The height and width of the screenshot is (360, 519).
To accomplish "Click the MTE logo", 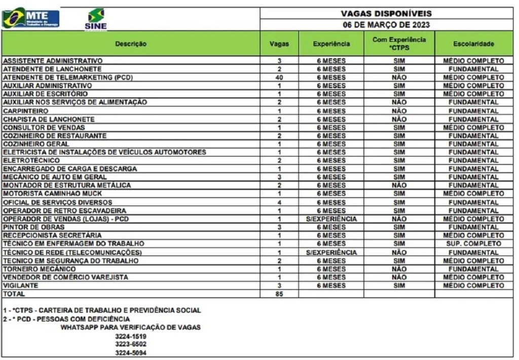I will (x=30, y=18).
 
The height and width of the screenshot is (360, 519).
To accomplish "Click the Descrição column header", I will (x=131, y=44).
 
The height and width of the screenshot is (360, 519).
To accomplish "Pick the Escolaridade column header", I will (x=474, y=44).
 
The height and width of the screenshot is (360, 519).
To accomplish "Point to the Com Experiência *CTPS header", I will (x=399, y=43).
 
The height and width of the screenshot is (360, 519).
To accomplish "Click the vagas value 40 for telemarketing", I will (x=279, y=77).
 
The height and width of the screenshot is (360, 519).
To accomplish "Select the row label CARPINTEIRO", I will (x=26, y=111).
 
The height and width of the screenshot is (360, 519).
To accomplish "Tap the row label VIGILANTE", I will (x=20, y=285).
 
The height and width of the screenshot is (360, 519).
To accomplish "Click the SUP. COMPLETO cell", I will (x=474, y=244).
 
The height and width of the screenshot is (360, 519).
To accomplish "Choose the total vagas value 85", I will (x=279, y=294).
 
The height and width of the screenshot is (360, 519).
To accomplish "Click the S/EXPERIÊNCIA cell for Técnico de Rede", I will (x=331, y=252).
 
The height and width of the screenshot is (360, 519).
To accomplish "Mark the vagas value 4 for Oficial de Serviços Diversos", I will (x=279, y=202).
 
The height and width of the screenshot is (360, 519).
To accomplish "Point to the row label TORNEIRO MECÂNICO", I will (x=40, y=269).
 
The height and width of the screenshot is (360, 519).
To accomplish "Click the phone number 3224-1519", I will (x=131, y=336).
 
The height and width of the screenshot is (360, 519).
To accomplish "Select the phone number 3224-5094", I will (x=131, y=352).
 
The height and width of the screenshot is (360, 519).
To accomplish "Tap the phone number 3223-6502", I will (x=131, y=344).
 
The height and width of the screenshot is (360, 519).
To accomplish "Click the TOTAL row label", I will (x=14, y=294).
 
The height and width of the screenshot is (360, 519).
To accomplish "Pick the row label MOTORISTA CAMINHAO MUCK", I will (x=53, y=194).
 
